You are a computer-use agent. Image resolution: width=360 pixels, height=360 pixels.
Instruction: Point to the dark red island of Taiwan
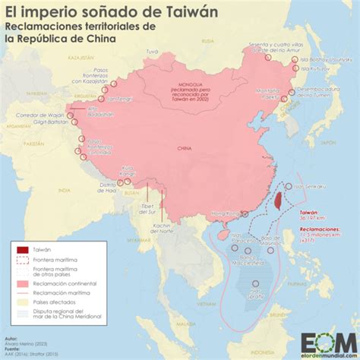point(278,200)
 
